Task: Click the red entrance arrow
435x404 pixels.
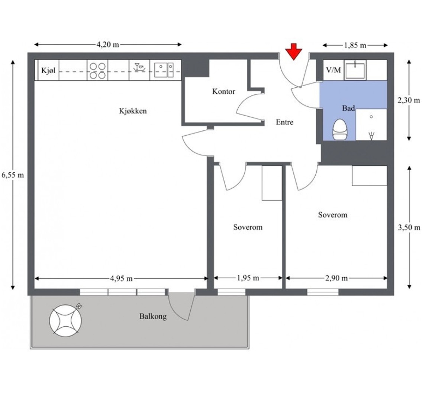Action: tap(293, 52)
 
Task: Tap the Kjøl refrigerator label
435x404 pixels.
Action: tap(48, 70)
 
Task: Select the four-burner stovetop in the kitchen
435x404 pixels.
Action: tap(98, 70)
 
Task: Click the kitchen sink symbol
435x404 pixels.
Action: tap(164, 70)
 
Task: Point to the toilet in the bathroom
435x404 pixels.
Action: tap(339, 129)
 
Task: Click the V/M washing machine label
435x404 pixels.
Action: tap(333, 70)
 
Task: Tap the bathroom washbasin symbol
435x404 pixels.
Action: tap(355, 70)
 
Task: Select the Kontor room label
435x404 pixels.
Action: tap(223, 91)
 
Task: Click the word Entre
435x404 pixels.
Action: tap(285, 122)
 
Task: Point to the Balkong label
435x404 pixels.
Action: tap(153, 316)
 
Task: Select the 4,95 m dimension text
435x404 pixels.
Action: tap(121, 278)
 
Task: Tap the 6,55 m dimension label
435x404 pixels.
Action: tap(13, 175)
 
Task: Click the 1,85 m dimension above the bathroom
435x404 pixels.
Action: tap(355, 45)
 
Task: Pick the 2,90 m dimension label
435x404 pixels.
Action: tap(336, 278)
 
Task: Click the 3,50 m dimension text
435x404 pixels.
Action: tap(409, 227)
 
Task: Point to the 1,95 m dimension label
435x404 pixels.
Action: tap(248, 278)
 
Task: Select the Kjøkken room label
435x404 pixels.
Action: tap(133, 111)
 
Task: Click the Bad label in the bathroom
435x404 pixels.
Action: tap(348, 108)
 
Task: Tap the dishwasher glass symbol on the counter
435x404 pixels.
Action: tap(139, 68)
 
